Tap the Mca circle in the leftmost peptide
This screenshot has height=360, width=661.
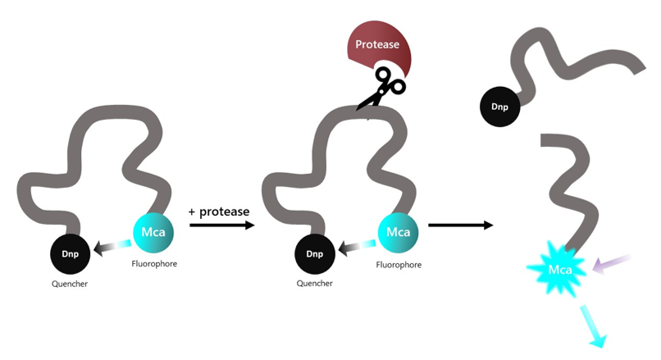(x=153, y=231)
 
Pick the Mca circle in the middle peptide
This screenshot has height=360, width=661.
(x=398, y=231)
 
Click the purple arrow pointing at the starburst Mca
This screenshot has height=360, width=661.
(x=612, y=262)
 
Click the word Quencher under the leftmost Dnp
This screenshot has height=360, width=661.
(x=69, y=285)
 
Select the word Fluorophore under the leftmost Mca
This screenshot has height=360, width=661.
(x=154, y=264)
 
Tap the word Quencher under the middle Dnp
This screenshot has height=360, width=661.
(x=314, y=284)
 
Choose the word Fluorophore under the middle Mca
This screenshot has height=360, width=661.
(x=399, y=265)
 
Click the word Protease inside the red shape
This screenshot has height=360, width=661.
(x=376, y=43)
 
